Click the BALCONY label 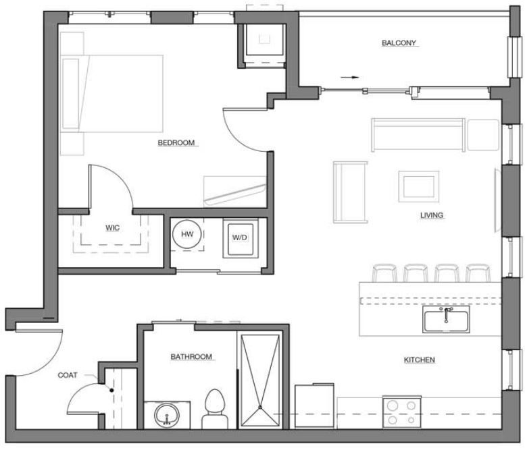(x=400, y=43)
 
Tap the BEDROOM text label (x=176, y=142)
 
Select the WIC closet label (x=112, y=227)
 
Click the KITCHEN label (x=419, y=360)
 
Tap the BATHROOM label (x=191, y=356)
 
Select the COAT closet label (x=67, y=375)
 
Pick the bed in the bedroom (x=115, y=93)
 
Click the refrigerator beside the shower (x=314, y=405)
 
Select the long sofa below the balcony (x=417, y=135)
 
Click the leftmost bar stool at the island (x=383, y=273)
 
